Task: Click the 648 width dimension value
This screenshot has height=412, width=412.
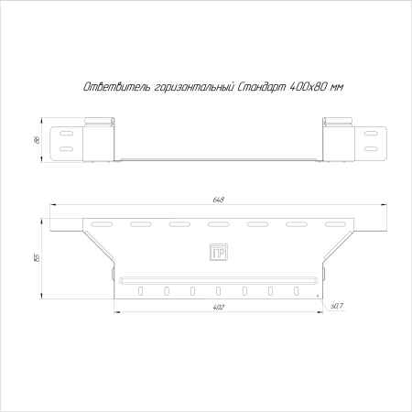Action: [218, 200]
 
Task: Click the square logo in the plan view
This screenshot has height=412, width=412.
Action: [218, 252]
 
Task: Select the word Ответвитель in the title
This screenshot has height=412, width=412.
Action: [109, 85]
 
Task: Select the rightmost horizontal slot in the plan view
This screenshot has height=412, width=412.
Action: [336, 223]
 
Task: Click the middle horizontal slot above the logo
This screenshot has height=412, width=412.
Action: [218, 223]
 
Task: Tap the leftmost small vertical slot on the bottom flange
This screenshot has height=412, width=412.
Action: [140, 291]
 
